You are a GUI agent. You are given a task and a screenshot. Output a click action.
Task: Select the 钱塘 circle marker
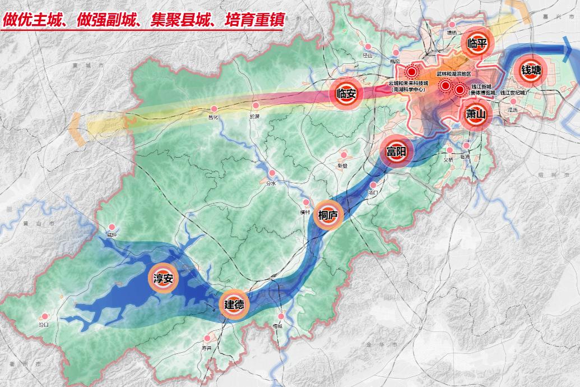[531, 70]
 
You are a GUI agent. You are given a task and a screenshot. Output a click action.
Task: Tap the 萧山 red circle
[476, 114]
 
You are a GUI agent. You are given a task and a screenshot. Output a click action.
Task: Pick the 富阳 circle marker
[397, 151]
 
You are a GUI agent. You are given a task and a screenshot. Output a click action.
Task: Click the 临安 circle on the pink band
[347, 93]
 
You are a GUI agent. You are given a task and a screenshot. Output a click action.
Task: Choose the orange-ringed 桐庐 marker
[327, 215]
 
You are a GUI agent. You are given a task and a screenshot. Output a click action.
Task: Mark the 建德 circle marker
[234, 305]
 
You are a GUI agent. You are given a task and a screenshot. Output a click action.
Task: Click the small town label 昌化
[212, 117]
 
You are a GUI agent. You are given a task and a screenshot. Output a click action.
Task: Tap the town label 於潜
[255, 117]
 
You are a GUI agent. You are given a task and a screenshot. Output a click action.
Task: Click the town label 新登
[342, 166]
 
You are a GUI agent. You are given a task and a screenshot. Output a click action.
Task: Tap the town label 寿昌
[207, 348]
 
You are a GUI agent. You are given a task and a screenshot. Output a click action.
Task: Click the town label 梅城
[277, 326]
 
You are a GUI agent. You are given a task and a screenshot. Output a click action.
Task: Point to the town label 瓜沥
[512, 110]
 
